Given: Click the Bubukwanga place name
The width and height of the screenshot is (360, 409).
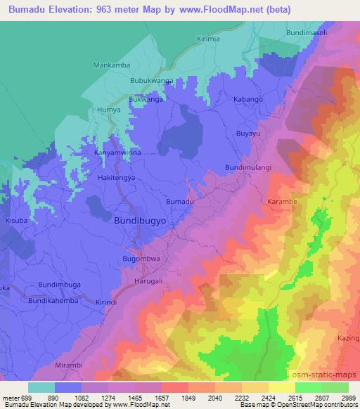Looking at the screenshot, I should click(x=151, y=82).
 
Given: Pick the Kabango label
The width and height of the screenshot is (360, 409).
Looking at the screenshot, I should click(x=248, y=100).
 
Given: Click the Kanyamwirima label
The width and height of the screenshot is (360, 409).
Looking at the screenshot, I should click(x=117, y=152).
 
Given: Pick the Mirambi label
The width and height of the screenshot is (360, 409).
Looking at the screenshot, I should click(x=69, y=367).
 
